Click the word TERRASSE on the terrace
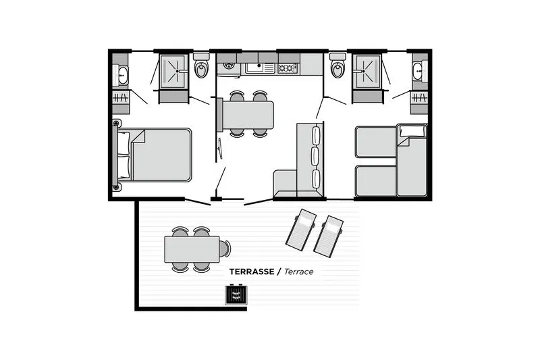[251, 272]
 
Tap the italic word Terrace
[298, 272]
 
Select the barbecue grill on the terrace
[236, 295]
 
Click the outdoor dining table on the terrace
[192, 249]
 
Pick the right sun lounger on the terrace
[328, 232]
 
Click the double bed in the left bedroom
[161, 155]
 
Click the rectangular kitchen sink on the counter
[256, 68]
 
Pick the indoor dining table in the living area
[248, 115]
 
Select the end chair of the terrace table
[225, 249]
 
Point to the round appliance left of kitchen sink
[227, 68]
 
